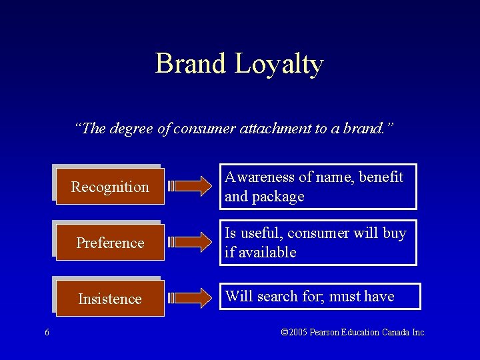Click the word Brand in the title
191,64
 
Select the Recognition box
109,187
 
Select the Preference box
109,243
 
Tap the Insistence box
109,299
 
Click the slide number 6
47,333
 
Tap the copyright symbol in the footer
285,332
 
